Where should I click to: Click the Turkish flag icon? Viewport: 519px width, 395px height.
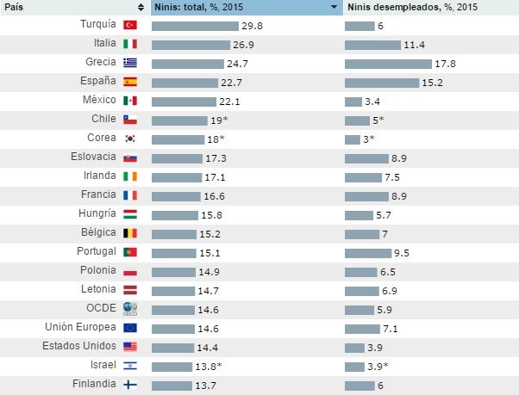click(131, 26)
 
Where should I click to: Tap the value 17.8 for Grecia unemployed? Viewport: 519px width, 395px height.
click(445, 64)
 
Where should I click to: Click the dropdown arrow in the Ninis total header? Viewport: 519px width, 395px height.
click(334, 7)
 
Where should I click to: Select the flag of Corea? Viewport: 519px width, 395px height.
click(131, 139)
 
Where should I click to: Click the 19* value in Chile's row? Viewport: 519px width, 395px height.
click(219, 120)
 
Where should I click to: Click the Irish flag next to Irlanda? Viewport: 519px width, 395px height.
click(131, 176)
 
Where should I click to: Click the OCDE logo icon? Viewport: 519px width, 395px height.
click(131, 308)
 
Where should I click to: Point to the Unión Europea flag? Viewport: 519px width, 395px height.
click(131, 327)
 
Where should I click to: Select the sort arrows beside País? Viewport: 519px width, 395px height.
click(141, 7)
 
